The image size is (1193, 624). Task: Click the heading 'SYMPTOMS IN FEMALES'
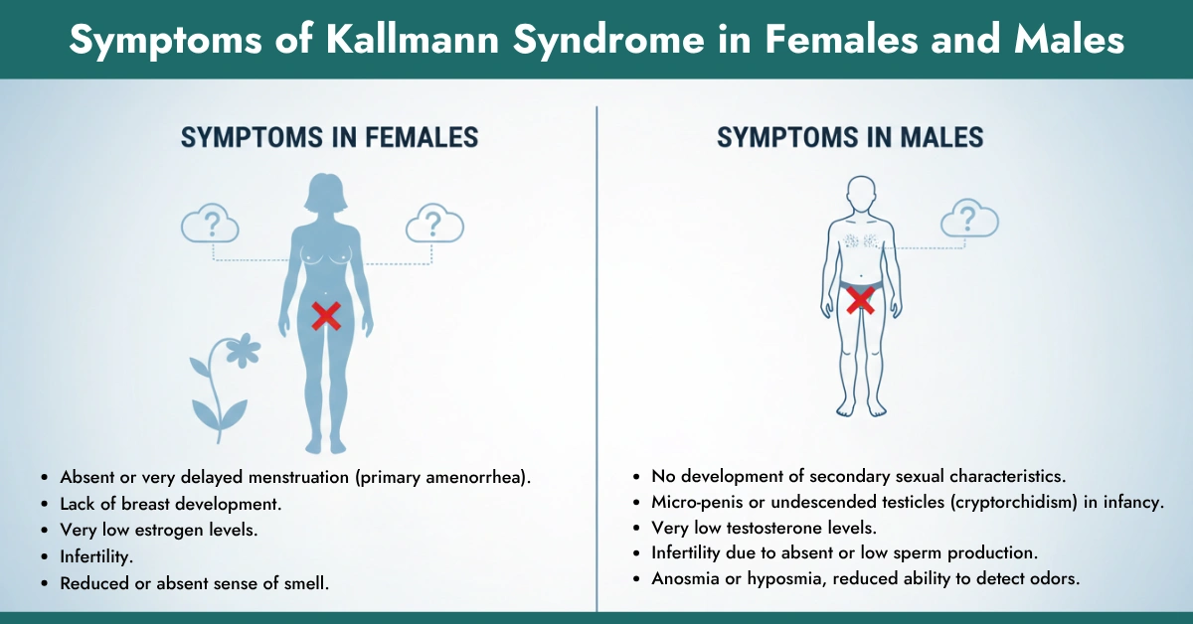pos(329,138)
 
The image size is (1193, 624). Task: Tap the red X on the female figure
pos(326,316)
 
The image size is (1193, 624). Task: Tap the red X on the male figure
pos(861,299)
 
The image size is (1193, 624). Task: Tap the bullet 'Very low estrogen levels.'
pos(158,531)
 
